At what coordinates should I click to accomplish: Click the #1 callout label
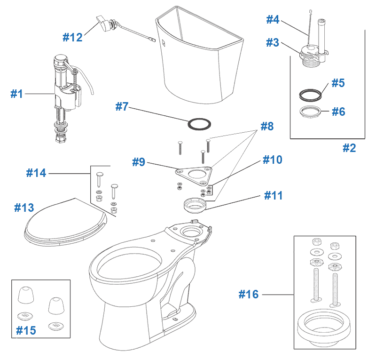[x=17, y=94]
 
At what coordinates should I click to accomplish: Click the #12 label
[x=73, y=37]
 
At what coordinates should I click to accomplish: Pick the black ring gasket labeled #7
[x=199, y=124]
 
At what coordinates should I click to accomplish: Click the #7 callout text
[x=122, y=107]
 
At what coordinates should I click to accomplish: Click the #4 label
[x=273, y=19]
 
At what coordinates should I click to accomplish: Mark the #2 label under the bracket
[x=349, y=148]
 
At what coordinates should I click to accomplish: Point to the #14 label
[x=36, y=173]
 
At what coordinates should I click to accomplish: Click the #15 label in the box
[x=26, y=330]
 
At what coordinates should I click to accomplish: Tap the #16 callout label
[x=248, y=295]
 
